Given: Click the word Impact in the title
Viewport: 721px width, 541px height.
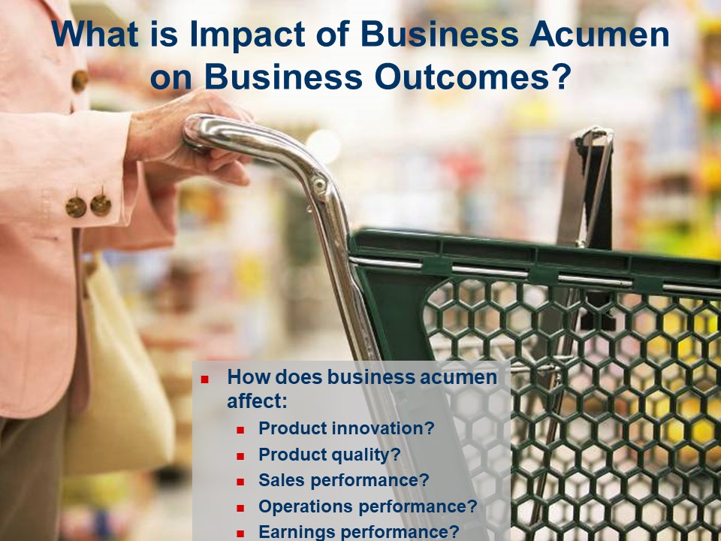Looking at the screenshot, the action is point(247,35).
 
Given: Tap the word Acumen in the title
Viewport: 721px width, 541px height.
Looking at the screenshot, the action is point(599,35).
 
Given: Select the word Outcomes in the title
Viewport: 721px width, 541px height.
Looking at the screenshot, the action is point(462,77).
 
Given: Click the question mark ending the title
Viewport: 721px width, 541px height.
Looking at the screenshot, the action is point(560,77).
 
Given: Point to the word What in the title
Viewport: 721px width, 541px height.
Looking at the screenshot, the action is point(95,34).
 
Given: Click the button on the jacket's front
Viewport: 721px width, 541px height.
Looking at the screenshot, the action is point(80,81).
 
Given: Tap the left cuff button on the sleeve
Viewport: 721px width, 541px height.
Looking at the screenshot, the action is point(76,207).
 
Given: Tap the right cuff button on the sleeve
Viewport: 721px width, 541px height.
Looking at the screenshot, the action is point(101,205).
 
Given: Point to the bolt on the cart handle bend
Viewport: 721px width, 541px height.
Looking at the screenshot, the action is point(318,185).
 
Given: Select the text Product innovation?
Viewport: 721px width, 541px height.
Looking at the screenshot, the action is point(346,428).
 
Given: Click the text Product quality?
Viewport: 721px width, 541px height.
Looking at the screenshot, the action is point(329,455).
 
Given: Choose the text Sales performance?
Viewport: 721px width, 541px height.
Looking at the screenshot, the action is point(343,480).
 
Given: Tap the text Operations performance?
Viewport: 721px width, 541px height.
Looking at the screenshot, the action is point(368,506).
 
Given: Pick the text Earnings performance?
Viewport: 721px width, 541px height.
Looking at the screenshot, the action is point(359,532).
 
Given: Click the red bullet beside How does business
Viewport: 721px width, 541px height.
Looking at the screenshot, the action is point(204,380).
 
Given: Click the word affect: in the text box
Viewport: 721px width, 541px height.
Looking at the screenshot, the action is point(257,400).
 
